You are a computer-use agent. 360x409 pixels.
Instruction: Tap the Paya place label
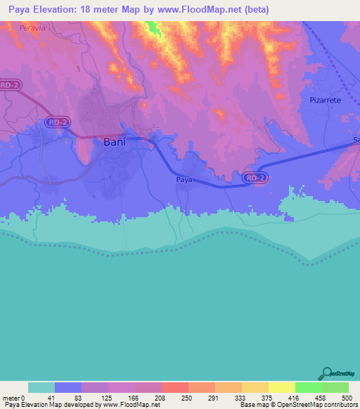coord(183,180)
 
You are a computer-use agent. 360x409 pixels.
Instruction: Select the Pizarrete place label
coord(325,100)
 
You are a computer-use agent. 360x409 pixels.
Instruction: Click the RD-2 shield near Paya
coord(255,178)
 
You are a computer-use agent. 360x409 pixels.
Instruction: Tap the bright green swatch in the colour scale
coord(308,387)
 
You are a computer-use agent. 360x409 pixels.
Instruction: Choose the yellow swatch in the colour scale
coord(281,387)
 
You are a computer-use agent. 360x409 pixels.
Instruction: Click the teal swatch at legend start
coord(41,387)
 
